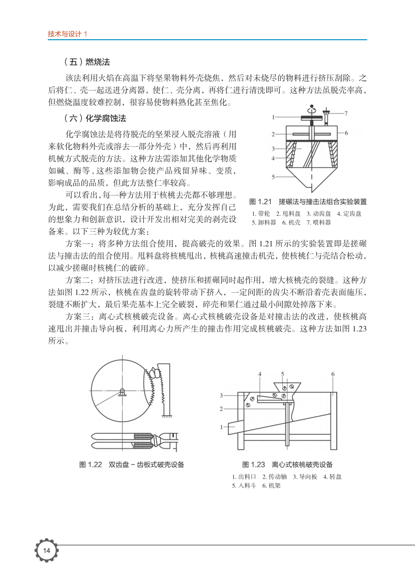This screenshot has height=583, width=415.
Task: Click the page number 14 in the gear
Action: pos(46,551)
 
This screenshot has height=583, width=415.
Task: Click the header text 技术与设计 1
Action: pos(68,34)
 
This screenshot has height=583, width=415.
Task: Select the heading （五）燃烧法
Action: pos(87,63)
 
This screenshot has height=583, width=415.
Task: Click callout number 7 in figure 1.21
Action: pos(346,113)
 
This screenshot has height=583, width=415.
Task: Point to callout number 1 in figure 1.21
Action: pos(273,117)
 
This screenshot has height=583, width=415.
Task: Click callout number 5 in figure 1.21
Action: pos(273,177)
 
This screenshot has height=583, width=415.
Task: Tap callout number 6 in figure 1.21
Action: pos(346,133)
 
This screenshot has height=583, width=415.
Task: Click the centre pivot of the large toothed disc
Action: pos(123,391)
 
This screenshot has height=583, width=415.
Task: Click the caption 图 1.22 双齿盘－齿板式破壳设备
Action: pos(132,464)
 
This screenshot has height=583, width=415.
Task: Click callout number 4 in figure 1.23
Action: pos(259,374)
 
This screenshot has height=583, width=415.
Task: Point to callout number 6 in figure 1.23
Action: pos(333,374)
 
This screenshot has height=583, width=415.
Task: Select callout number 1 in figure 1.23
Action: pos(222,427)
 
